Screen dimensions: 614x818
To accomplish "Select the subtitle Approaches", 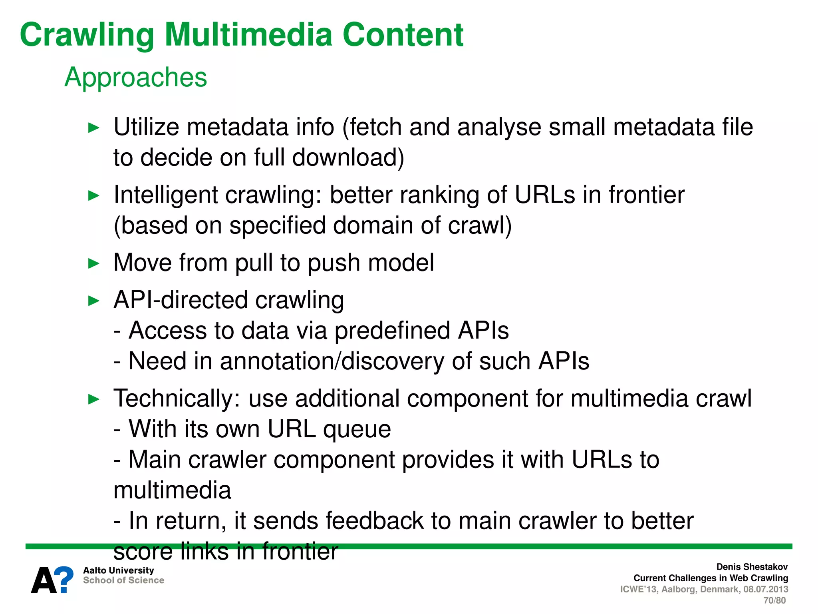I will click(x=136, y=77).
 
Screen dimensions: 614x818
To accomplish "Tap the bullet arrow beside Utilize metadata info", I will click(x=93, y=128).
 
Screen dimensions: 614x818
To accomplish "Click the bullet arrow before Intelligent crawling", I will click(x=93, y=196).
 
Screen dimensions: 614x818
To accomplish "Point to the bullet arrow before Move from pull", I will click(x=93, y=263).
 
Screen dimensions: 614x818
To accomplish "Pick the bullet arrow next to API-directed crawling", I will click(x=93, y=301).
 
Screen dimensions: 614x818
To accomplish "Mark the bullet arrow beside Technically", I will click(x=93, y=399).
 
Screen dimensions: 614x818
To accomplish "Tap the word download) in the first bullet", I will click(x=348, y=157).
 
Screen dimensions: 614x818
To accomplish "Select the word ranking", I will click(x=439, y=195).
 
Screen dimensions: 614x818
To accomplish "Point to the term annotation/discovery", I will click(x=332, y=361).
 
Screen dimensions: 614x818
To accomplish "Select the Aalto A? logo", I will click(x=52, y=580).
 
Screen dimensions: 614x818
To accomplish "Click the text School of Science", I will click(x=123, y=580).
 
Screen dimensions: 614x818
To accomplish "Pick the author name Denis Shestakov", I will click(x=752, y=567).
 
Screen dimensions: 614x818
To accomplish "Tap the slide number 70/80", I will click(x=774, y=600).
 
